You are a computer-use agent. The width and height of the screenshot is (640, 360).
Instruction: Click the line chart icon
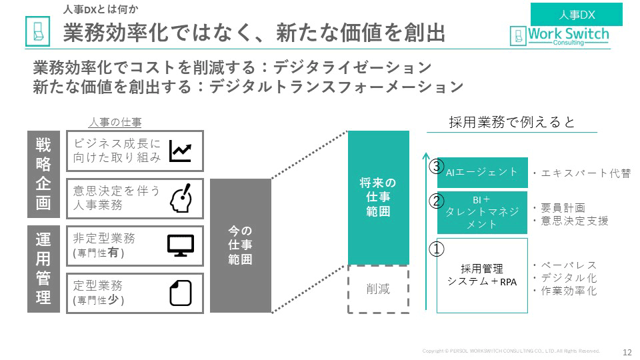pos(180,151)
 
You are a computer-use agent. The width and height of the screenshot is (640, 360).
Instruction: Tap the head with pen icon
pos(181,198)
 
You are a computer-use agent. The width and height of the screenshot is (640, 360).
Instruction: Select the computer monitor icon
pos(180,245)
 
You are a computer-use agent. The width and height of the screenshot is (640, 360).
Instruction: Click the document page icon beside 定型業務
pos(180,292)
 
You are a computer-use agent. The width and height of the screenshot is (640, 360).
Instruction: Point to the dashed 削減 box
pos(378,289)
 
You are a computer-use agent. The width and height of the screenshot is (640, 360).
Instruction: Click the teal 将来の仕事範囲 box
pos(378,197)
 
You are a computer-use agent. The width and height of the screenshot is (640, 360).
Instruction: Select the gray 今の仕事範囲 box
pos(240,245)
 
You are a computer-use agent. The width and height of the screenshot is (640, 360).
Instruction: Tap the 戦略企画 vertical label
pos(43,174)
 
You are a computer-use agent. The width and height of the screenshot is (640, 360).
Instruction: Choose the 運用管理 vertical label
pos(43,269)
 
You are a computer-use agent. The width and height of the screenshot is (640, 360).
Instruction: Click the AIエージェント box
pos(482,172)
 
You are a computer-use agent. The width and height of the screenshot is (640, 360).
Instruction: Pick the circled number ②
pos(436,201)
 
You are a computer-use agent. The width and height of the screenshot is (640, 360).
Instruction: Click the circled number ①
pos(436,249)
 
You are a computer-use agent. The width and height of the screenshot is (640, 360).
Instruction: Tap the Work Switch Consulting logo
pos(559,35)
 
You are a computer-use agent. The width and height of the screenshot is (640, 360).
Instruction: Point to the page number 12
pos(627,352)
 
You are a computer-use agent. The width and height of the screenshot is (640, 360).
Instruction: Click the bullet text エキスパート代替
pos(581,173)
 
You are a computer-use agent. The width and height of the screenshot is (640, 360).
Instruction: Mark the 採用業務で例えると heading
pos(512,123)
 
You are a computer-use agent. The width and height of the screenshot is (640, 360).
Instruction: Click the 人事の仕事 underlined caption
pos(115,123)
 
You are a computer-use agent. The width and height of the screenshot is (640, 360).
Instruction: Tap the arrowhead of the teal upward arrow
pos(425,157)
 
